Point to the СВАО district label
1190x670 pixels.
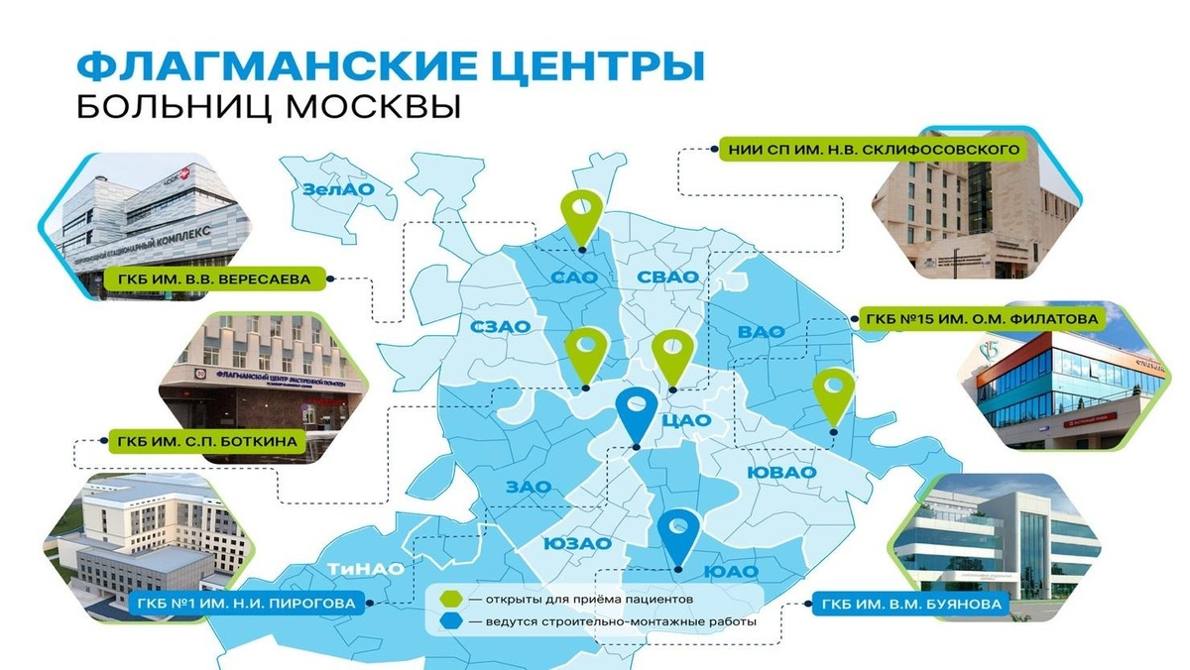click(667, 277)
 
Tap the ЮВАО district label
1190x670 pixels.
click(781, 472)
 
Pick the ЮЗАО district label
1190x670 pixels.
click(576, 543)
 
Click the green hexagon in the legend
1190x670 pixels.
click(451, 599)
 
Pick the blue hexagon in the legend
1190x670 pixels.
click(451, 622)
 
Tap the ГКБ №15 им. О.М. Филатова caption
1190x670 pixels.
click(981, 319)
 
